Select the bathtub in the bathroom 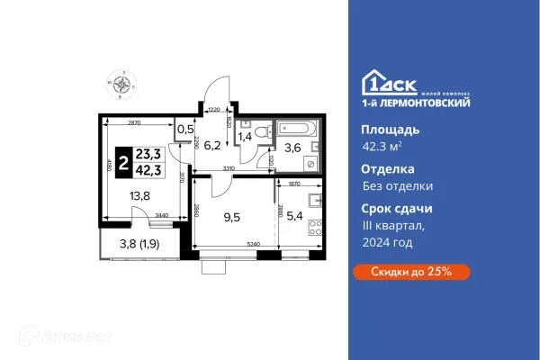[295, 130]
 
